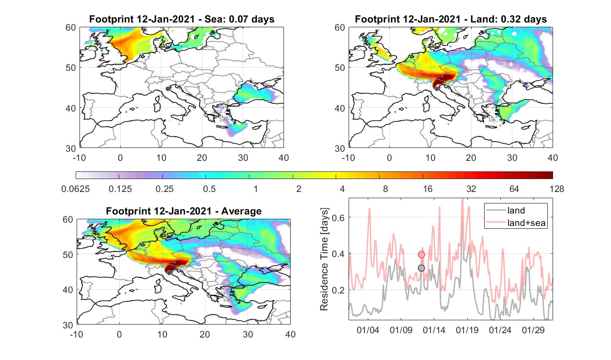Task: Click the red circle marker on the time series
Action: (421, 255)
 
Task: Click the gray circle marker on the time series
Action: (421, 268)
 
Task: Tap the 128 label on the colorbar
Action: (557, 189)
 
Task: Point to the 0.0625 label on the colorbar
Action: (76, 189)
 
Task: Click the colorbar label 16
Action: (428, 189)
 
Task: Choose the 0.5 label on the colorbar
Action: (209, 189)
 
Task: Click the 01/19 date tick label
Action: (467, 330)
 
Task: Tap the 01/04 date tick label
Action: (368, 330)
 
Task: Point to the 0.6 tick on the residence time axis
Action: (338, 217)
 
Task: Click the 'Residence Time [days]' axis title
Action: (324, 259)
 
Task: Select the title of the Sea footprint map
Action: (181, 19)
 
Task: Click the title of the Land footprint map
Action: (451, 19)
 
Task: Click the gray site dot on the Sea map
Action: (168, 89)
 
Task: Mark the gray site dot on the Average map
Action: (169, 273)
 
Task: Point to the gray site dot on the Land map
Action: (437, 89)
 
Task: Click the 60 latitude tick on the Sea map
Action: (71, 28)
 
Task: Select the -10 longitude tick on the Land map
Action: (348, 157)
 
